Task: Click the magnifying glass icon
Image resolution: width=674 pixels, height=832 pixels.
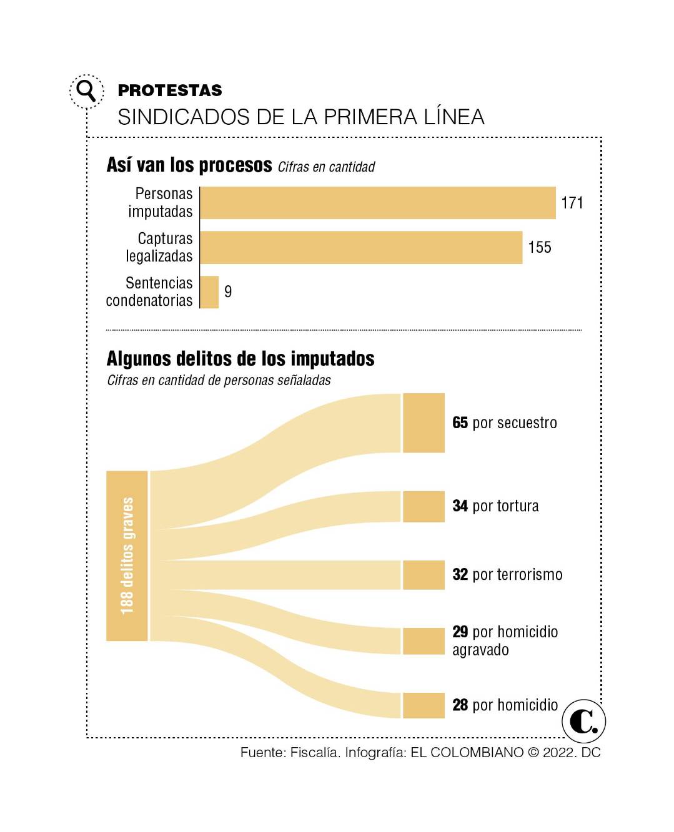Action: click(x=86, y=91)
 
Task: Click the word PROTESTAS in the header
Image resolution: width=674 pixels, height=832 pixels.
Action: click(x=169, y=91)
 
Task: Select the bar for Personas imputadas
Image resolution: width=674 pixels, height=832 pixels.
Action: click(x=377, y=203)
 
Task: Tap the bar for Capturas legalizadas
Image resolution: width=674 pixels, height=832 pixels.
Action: click(x=361, y=248)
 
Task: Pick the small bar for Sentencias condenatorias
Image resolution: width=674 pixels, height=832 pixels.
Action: click(x=209, y=292)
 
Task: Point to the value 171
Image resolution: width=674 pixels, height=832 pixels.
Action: click(x=572, y=203)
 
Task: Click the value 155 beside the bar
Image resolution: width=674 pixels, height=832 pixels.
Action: click(x=539, y=248)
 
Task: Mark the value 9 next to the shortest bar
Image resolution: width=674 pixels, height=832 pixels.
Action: click(x=228, y=292)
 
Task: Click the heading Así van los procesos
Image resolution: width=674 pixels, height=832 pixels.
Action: click(x=189, y=165)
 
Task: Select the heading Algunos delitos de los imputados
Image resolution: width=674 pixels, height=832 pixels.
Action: click(x=240, y=359)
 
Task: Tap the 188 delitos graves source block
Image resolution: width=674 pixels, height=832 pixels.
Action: click(x=127, y=555)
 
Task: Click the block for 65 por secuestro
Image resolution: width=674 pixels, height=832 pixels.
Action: click(x=424, y=423)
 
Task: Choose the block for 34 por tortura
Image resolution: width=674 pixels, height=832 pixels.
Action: click(x=424, y=506)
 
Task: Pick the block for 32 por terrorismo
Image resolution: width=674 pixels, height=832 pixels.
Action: click(x=424, y=575)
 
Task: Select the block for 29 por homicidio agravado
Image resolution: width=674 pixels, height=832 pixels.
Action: click(x=424, y=641)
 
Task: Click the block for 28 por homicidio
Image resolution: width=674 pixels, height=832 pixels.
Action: click(x=424, y=705)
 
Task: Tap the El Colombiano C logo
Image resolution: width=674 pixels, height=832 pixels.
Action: click(x=583, y=721)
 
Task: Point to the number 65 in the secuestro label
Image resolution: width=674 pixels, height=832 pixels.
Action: click(x=460, y=423)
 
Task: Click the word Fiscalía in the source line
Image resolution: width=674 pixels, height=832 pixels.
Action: click(x=315, y=753)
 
